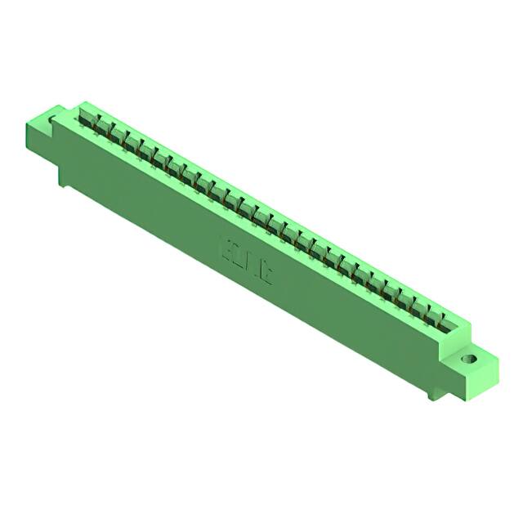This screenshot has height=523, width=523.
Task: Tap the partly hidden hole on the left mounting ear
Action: pos(54,122)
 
